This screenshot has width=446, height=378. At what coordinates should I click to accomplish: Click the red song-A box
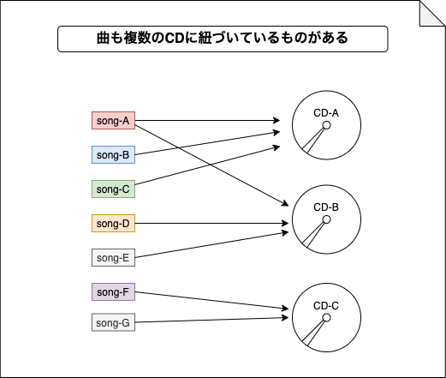(x=113, y=121)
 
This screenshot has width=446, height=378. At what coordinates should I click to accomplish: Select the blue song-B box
(x=113, y=155)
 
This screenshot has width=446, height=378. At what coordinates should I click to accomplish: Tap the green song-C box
(x=113, y=189)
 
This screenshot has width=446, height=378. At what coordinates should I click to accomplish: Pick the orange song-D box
(x=113, y=224)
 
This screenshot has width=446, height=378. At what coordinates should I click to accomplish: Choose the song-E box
(x=113, y=258)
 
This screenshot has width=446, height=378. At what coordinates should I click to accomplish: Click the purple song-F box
(x=113, y=292)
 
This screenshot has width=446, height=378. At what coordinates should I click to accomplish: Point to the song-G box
(x=113, y=322)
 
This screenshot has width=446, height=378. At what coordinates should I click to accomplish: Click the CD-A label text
(x=326, y=113)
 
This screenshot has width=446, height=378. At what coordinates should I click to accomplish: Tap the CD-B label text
(x=326, y=207)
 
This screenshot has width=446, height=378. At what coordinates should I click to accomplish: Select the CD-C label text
(x=326, y=306)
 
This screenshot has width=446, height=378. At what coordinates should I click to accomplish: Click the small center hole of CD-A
(x=326, y=125)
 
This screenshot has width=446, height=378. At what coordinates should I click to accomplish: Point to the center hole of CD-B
(x=326, y=219)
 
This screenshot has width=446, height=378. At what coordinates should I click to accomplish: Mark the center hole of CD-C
(x=326, y=318)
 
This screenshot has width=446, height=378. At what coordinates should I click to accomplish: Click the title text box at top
(x=223, y=39)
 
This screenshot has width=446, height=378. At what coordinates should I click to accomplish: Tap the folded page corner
(x=432, y=14)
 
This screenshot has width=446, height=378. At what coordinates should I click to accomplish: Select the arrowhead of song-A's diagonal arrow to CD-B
(x=285, y=203)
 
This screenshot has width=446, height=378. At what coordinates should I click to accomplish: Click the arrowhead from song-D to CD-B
(x=285, y=224)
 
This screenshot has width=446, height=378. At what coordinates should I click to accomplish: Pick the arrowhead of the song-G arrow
(x=285, y=318)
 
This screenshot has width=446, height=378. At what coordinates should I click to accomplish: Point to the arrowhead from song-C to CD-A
(x=277, y=147)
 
